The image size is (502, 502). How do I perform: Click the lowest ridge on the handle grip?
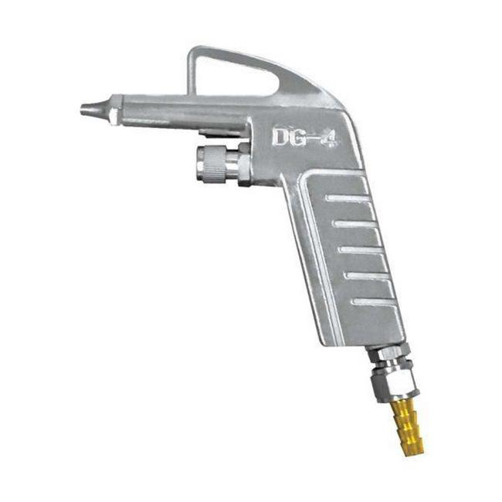pos(371,301)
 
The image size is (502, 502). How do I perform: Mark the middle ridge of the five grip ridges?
pos(360,250)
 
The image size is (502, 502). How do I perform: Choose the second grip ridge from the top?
pos(354,225)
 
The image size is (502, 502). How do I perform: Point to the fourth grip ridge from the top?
pos(365,276)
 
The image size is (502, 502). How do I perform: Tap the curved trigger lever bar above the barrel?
pos(247,56)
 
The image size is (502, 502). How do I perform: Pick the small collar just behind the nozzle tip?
pos(113,114)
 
